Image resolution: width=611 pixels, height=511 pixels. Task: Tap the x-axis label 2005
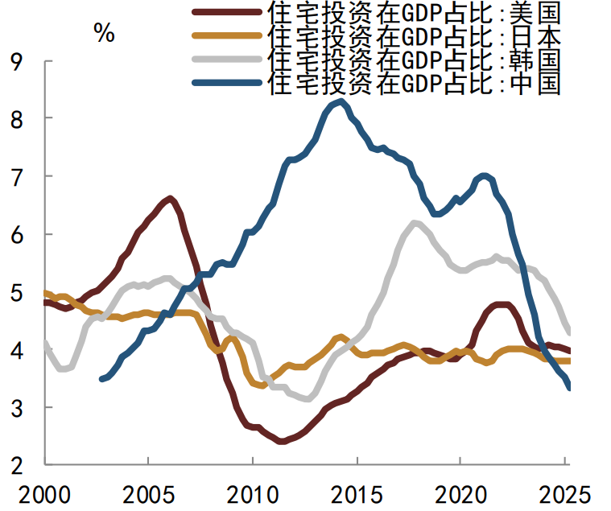pos(148,492)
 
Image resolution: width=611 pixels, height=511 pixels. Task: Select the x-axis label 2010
pos(252,492)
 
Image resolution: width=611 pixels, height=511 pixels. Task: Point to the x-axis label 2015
pos(356,492)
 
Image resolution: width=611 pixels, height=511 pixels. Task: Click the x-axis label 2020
pos(460,492)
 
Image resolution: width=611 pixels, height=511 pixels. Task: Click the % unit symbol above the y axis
pos(104,33)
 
